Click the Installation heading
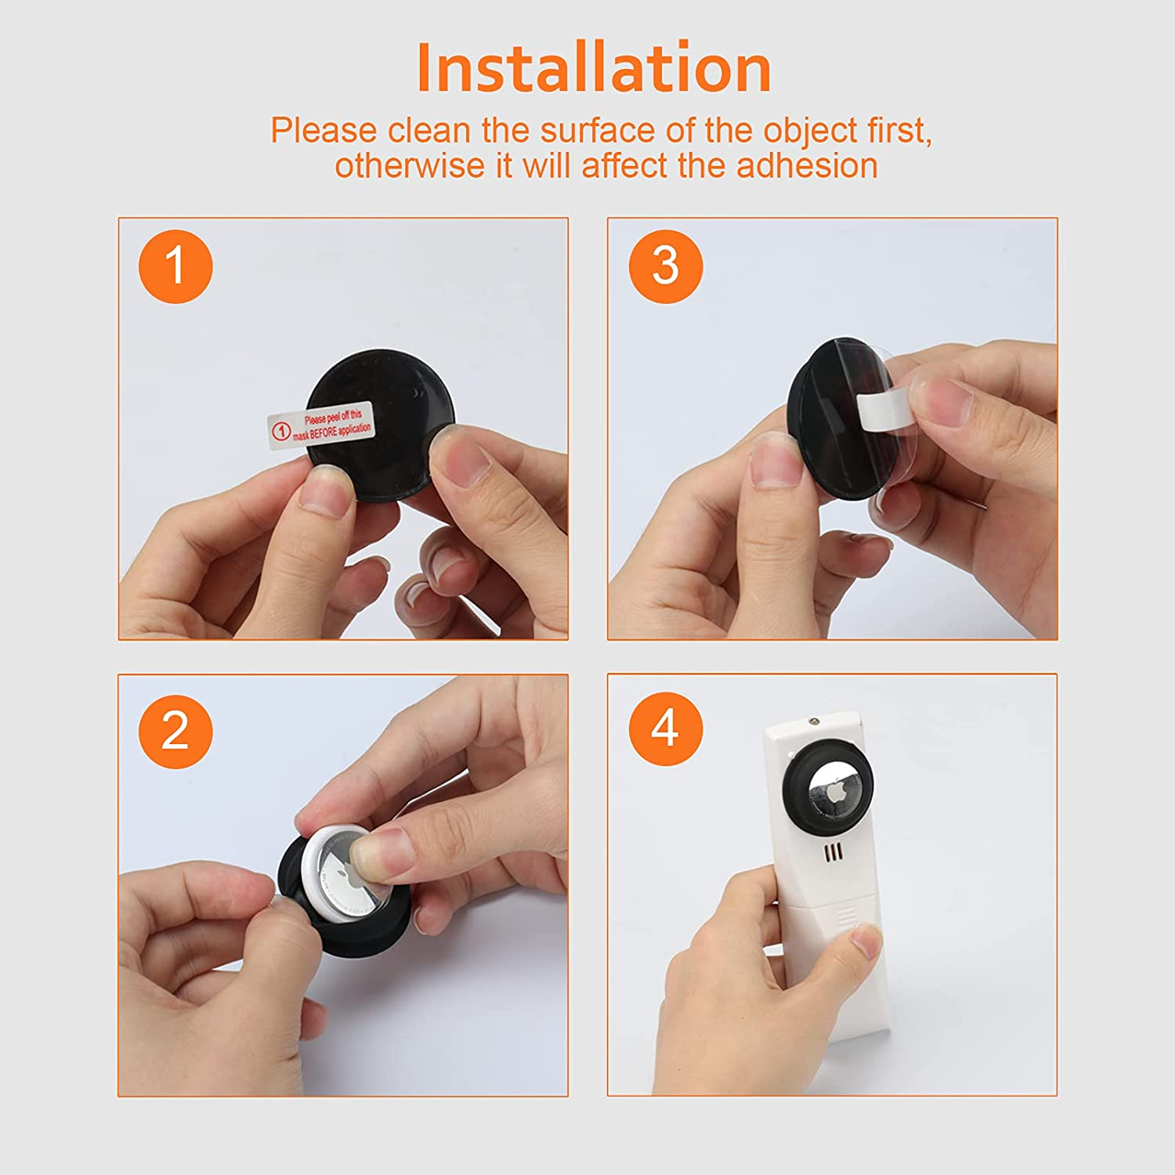[594, 69]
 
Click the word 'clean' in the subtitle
[430, 131]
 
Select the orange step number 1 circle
[175, 266]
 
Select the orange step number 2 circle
[175, 732]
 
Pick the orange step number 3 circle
[665, 266]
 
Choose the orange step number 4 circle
[665, 728]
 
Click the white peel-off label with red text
[321, 425]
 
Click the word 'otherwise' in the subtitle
[410, 166]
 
